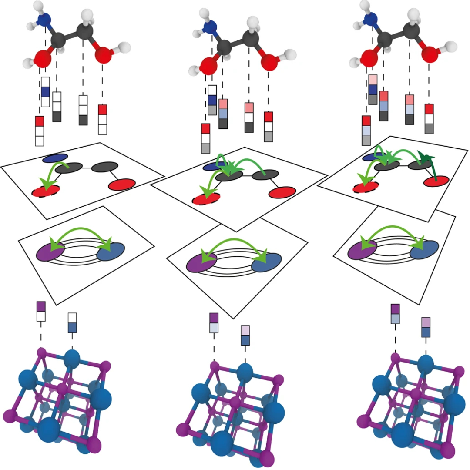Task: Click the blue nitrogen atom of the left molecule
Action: [44, 20]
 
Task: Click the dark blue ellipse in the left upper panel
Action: [55, 158]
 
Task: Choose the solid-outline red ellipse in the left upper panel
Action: [122, 185]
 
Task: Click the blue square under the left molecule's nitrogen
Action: [46, 92]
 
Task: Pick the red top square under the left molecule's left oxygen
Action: [40, 121]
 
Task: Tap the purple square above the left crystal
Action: [41, 306]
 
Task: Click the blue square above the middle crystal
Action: [245, 340]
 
